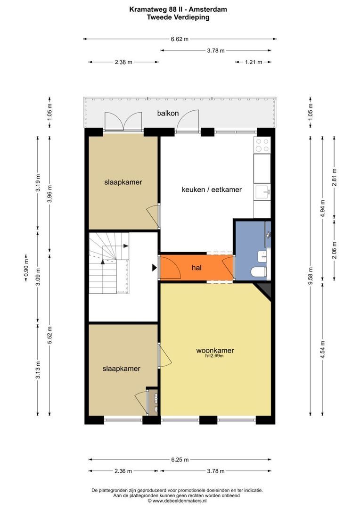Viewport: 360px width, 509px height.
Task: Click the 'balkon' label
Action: pos(168,113)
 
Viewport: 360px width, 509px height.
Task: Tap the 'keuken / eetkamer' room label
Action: pos(212,189)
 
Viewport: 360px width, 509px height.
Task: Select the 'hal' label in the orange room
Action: pos(196,268)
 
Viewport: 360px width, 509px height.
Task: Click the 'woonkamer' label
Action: pos(215,350)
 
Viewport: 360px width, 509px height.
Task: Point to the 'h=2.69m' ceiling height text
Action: pos(214,356)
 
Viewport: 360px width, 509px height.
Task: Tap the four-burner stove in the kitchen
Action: pos(262,145)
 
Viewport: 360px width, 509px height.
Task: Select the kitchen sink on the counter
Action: pos(263,192)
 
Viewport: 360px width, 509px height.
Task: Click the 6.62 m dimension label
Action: pos(180,39)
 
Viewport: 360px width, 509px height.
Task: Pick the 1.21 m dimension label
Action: pos(253,62)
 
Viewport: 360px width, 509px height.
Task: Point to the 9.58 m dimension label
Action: pos(311,276)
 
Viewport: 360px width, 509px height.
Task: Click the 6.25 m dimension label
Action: pos(180,460)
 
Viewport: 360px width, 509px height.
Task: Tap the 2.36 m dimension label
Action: pos(123,471)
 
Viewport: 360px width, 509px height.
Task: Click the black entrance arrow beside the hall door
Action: pos(155,268)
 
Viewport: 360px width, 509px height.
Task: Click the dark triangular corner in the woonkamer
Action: pos(264,289)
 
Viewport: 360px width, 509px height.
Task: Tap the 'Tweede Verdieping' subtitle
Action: pos(178,17)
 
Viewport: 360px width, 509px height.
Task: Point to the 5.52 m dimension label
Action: pos(49,334)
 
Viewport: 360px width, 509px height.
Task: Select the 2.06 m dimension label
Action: pos(335,250)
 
